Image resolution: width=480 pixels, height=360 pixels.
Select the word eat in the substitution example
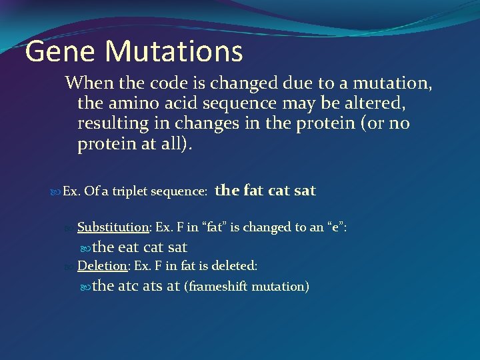128,247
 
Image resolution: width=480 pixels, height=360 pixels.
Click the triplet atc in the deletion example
128,287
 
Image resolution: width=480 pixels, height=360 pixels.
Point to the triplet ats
153,287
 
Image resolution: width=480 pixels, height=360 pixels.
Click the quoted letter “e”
333,227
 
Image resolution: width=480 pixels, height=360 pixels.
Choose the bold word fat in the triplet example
253,191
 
